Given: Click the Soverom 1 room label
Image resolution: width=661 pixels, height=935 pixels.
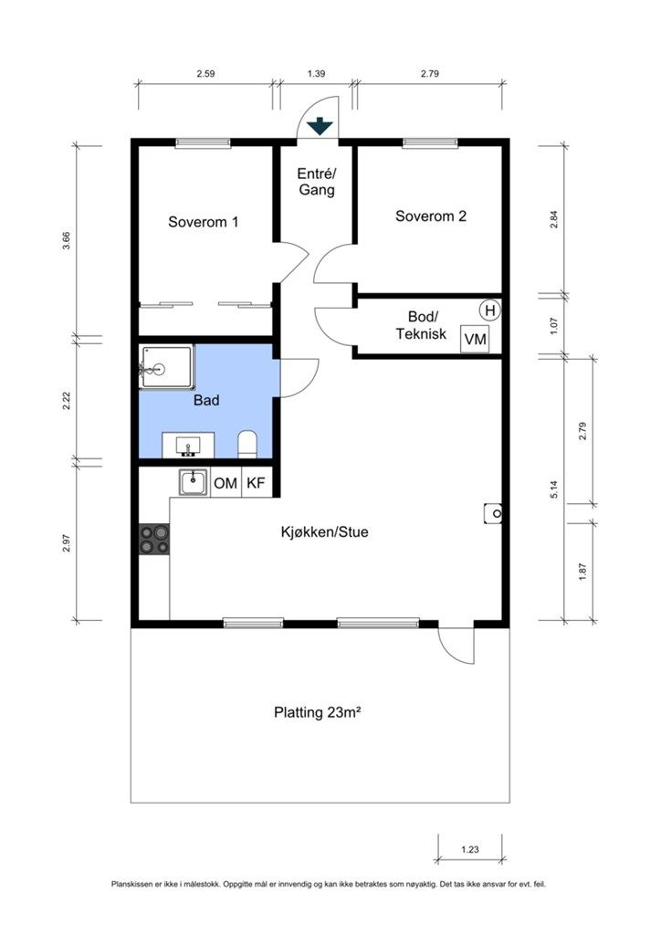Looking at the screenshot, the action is [204, 222].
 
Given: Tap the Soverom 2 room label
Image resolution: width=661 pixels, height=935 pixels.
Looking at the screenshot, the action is [430, 215].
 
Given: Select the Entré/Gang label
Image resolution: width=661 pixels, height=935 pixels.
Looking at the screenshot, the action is [317, 182].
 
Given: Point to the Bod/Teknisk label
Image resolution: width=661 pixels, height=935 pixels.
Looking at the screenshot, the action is [421, 325].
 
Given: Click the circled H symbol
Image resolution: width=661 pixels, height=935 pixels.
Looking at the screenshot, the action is [490, 310].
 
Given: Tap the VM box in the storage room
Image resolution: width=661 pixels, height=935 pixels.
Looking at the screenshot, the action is [475, 340].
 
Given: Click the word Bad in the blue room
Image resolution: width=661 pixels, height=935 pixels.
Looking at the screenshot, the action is [206, 400].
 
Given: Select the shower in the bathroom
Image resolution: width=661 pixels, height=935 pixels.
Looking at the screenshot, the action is [166, 368].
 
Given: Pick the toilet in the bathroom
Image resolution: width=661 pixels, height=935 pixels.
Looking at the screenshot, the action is [247, 445].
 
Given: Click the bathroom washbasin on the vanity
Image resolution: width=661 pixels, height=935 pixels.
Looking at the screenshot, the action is [188, 446].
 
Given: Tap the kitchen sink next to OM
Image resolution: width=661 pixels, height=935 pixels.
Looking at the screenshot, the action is [194, 482].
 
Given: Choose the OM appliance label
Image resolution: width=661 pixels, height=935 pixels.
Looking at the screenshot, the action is [226, 483].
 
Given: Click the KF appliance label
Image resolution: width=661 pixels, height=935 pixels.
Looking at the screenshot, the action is [256, 482].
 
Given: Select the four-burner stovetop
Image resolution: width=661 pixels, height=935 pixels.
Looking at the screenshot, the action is [153, 539].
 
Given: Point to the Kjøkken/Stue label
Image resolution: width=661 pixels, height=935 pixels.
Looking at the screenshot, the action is [324, 531].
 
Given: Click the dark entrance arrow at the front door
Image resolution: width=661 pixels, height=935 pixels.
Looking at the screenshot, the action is [320, 126].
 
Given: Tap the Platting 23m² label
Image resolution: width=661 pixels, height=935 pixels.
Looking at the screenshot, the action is [318, 712].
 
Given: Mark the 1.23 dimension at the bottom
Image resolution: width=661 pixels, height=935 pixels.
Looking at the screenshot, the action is [469, 849].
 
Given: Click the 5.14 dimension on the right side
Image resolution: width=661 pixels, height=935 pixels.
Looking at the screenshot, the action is [554, 489].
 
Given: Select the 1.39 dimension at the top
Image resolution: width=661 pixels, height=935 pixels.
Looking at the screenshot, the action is [316, 74].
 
